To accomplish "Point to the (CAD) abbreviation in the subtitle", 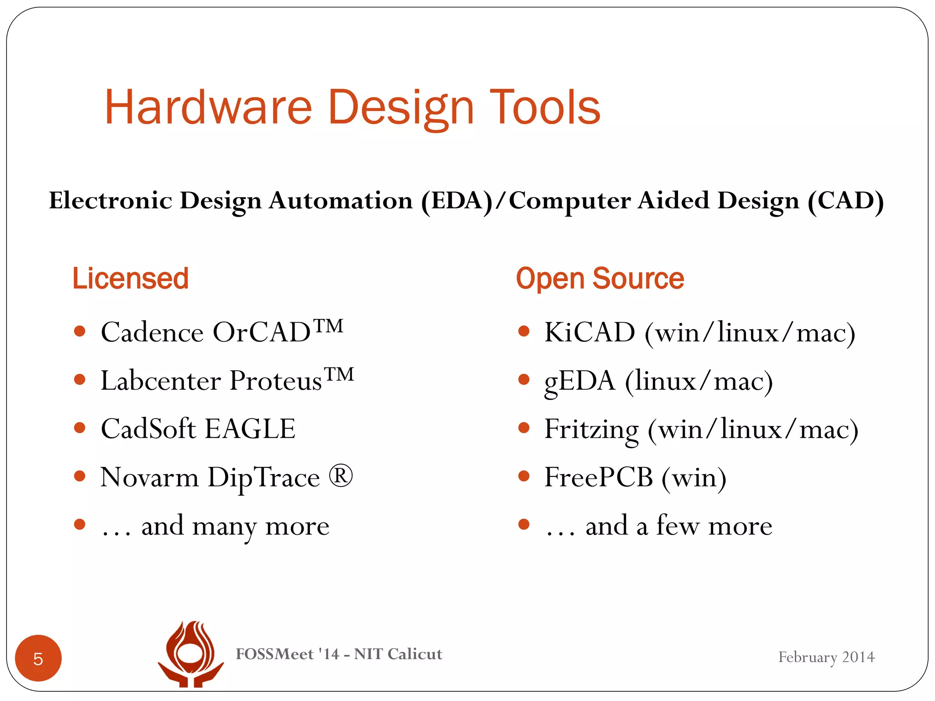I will point(846,201).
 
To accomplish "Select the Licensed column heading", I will point(131,278).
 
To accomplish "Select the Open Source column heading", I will point(600,278).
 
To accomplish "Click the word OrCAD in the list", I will point(262,332).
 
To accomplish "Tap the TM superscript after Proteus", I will point(339,374).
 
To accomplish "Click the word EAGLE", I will point(250,429).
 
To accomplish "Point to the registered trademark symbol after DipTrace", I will point(341,476).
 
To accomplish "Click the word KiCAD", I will point(589,332).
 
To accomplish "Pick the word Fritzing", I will point(591,430).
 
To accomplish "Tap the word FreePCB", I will point(599,478).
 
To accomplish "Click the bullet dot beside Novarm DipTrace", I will point(80,476).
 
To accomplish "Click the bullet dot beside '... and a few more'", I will point(524,525).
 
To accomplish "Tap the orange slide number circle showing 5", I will point(38,658).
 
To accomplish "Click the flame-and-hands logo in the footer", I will point(190,654).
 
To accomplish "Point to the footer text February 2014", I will point(826,657).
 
